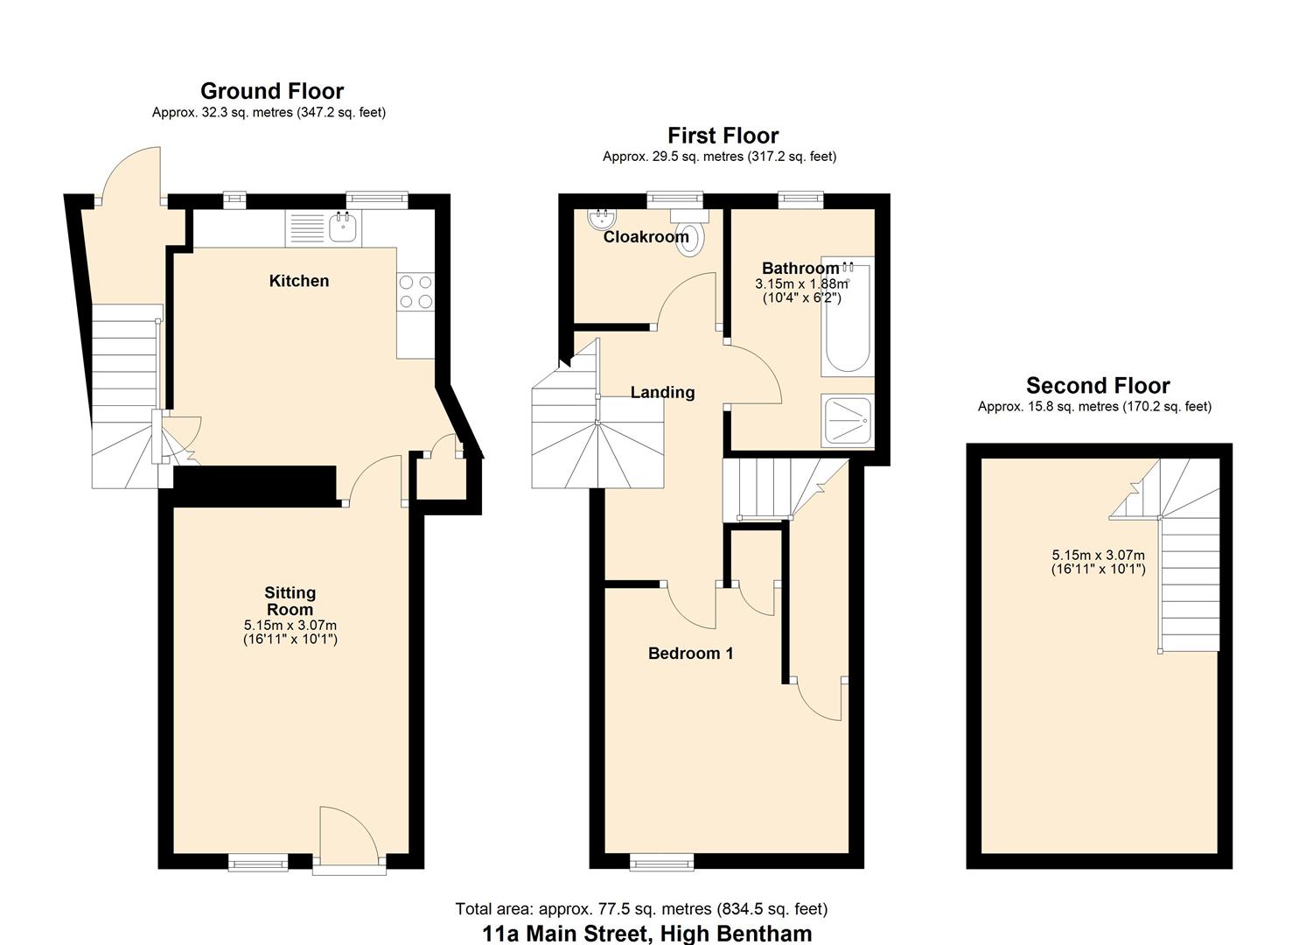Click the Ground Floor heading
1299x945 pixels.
(272, 91)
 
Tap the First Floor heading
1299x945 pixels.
(723, 136)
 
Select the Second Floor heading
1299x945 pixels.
(1098, 386)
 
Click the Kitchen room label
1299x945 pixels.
(299, 281)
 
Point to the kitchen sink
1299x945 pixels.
(343, 228)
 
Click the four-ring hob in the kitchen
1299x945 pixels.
(416, 291)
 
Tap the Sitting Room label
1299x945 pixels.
(290, 601)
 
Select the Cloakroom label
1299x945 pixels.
(646, 237)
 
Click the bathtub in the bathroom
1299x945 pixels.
(847, 317)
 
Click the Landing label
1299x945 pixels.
(662, 393)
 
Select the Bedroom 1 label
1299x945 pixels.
(690, 654)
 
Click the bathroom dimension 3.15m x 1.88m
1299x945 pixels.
(801, 284)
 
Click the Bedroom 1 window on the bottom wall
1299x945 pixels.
(662, 864)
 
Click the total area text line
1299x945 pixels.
(641, 909)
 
